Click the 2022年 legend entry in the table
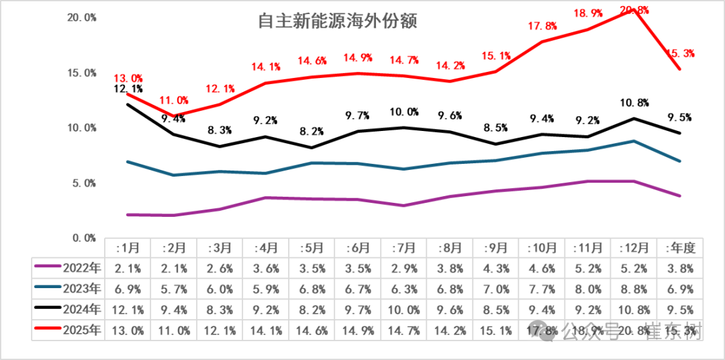(68, 269)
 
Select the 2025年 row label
(68, 330)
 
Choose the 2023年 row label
(68, 289)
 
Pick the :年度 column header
(679, 248)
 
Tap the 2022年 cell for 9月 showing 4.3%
(496, 269)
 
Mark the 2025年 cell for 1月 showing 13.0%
(128, 330)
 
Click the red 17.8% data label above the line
(542, 26)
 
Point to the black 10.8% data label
(634, 103)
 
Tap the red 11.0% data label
(173, 101)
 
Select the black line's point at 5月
(311, 148)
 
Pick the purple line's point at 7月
(403, 206)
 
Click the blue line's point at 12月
(634, 141)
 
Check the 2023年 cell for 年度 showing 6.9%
(679, 289)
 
